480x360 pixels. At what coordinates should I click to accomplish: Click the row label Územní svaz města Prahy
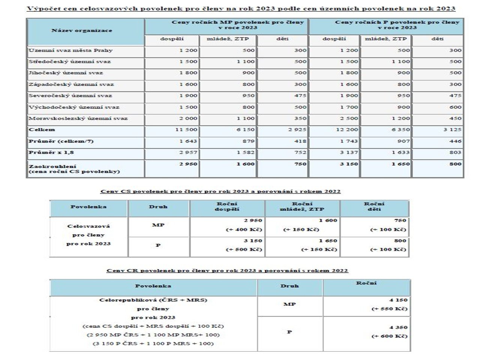click(70, 50)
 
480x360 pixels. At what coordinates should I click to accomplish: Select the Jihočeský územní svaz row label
click(66, 73)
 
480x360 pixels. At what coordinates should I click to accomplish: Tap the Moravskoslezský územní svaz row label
click(78, 118)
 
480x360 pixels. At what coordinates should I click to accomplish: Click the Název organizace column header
click(81, 30)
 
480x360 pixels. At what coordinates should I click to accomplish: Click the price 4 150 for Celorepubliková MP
click(398, 300)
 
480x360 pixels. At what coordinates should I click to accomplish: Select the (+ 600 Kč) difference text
click(389, 336)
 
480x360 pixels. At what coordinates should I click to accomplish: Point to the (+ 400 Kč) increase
click(244, 229)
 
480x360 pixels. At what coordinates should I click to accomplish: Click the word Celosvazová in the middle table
click(88, 226)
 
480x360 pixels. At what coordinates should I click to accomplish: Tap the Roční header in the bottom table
click(366, 283)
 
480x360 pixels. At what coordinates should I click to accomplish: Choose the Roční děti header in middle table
click(374, 207)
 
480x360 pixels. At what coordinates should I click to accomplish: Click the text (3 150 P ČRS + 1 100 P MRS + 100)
click(153, 343)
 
